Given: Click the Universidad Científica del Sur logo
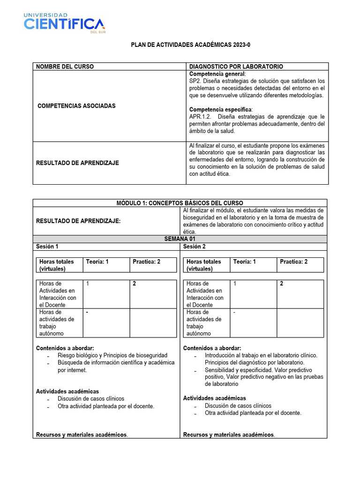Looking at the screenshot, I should [64, 22].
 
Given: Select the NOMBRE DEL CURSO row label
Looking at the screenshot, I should [65, 67].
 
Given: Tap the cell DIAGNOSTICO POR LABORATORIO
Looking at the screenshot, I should [236, 67].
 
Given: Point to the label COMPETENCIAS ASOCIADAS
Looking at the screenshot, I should [76, 106].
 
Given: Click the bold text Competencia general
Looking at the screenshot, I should [217, 74].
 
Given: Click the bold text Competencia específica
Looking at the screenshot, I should [220, 109].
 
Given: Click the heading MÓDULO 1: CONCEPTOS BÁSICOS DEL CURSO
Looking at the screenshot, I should [180, 203].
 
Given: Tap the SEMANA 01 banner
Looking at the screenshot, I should [180, 239].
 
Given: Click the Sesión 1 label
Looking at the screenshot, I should [47, 246].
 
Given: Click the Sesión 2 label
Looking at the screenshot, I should [195, 246].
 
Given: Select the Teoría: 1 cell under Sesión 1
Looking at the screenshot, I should [97, 262].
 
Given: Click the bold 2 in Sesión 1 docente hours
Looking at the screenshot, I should [135, 284].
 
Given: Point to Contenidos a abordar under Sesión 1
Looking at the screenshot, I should [65, 348].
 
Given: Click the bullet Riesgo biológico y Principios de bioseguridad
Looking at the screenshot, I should [112, 355].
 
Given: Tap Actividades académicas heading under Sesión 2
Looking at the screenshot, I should [215, 398].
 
